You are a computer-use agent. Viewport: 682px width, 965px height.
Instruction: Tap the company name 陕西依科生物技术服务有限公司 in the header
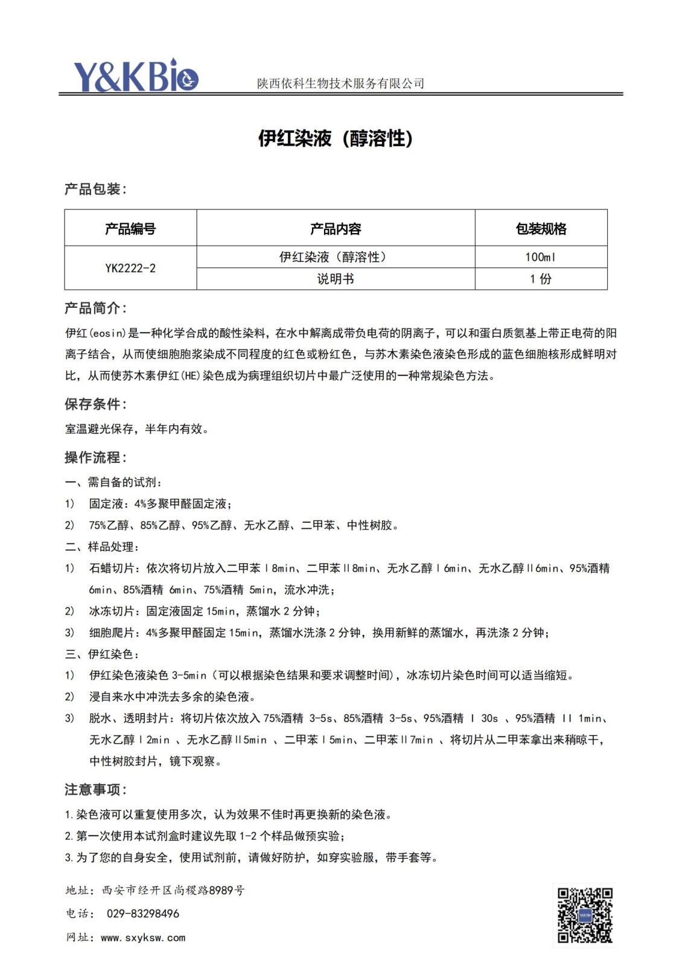(340, 83)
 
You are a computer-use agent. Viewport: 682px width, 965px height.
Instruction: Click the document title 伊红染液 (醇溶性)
(336, 139)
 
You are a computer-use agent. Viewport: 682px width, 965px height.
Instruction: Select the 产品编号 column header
(130, 229)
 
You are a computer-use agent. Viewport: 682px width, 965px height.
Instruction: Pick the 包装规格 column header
(541, 229)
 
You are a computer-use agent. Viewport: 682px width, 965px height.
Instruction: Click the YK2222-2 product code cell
(130, 268)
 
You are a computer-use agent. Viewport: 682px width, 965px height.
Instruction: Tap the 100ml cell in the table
(540, 257)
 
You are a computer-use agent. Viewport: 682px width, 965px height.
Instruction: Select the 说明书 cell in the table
(336, 279)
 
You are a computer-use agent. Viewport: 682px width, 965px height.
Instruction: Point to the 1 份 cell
(540, 279)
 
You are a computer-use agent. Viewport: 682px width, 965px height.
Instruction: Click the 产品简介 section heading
(95, 308)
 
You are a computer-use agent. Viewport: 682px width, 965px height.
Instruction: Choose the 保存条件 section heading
(95, 404)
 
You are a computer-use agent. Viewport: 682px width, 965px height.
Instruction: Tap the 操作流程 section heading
(95, 457)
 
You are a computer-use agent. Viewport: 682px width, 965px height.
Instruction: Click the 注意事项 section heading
(95, 789)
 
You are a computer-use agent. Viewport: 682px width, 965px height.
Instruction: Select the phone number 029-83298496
(143, 914)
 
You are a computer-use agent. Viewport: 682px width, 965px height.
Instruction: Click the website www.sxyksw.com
(143, 938)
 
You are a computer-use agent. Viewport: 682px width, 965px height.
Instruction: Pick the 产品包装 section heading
(95, 189)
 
